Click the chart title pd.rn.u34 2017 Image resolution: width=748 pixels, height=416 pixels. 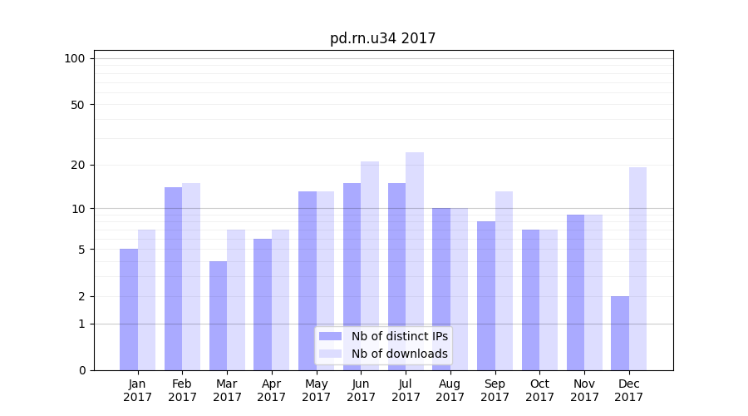point(382,38)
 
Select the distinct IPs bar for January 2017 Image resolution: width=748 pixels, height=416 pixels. point(129,310)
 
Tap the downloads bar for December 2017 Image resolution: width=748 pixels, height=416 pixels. point(638,269)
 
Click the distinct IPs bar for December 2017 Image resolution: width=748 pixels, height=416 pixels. point(620,333)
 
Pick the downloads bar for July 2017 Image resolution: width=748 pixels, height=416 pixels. point(415,261)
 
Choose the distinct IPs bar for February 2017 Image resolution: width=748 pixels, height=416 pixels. point(173,279)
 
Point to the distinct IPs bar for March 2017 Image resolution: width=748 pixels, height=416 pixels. point(218,315)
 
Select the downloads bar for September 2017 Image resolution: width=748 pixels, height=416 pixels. point(504,280)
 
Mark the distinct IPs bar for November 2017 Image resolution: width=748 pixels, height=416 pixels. point(575,292)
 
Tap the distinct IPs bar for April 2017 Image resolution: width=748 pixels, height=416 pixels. point(263,305)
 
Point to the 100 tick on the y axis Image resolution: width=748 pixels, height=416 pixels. point(75,58)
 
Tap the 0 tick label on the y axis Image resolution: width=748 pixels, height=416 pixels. point(81,370)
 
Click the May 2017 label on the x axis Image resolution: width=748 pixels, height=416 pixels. point(316,390)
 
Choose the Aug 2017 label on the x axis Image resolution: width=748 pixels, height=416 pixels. point(450,390)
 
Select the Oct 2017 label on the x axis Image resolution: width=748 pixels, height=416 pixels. point(539,390)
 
